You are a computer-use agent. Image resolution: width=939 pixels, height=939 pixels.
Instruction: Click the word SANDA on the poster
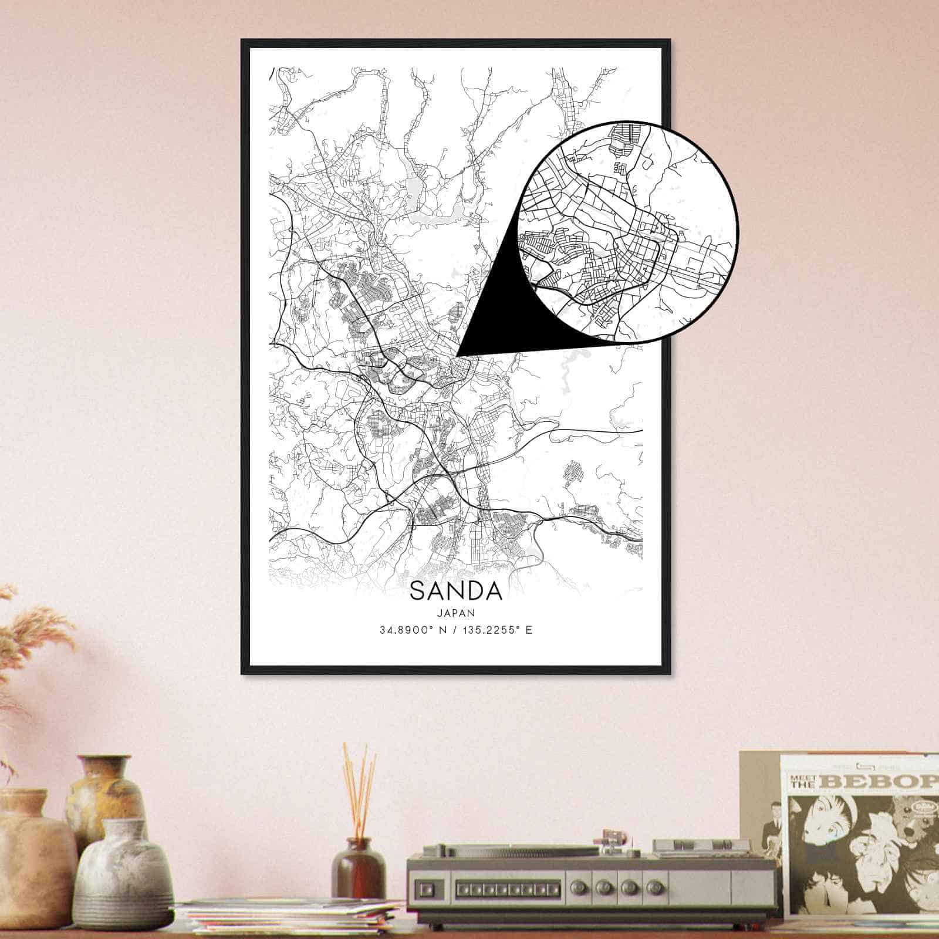tap(456, 591)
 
